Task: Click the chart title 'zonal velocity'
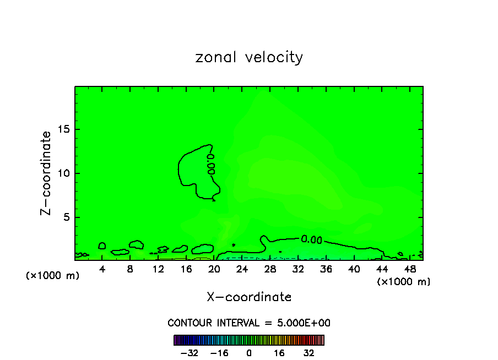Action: point(249,57)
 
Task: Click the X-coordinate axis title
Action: point(249,297)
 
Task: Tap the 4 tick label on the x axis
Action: point(102,270)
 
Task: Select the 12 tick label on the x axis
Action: point(158,270)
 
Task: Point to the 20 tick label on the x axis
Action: point(214,270)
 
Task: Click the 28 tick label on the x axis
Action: point(270,270)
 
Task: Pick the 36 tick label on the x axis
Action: point(326,270)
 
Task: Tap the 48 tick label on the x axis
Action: point(409,270)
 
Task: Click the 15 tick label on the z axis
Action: point(64,130)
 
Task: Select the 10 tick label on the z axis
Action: point(64,173)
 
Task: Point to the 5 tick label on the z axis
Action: point(67,217)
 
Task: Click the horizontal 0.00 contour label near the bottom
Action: point(312,239)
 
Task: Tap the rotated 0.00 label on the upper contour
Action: point(210,164)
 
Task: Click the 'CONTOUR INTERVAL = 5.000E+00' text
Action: point(249,323)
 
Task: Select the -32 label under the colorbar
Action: point(189,353)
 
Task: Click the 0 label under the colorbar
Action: point(249,353)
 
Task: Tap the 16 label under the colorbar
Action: point(279,353)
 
